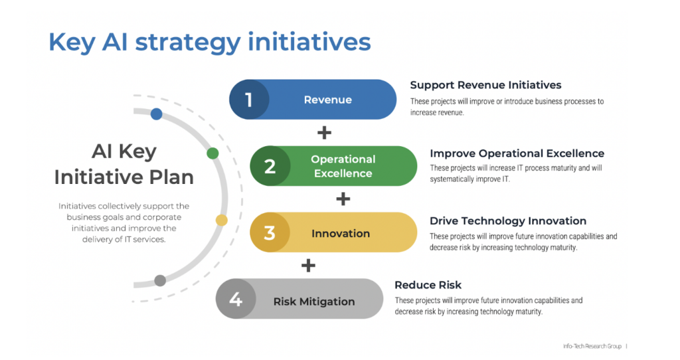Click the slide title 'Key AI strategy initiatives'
(209, 42)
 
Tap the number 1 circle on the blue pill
(249, 100)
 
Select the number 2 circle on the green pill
(270, 166)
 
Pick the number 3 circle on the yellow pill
(270, 233)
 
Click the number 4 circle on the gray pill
(236, 300)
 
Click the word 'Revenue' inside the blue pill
(327, 100)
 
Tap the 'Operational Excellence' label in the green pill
(343, 166)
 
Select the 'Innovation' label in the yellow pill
(341, 233)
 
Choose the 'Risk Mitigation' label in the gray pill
(314, 301)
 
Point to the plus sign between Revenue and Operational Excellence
(324, 133)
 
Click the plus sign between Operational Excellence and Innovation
(343, 199)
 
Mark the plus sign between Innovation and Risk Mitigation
(308, 266)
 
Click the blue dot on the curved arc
(157, 114)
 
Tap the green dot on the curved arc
(212, 153)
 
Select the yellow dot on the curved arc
(222, 220)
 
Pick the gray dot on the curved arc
(160, 280)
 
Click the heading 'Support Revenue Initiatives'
(485, 85)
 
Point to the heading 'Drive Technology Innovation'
(508, 221)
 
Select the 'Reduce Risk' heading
(428, 285)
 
